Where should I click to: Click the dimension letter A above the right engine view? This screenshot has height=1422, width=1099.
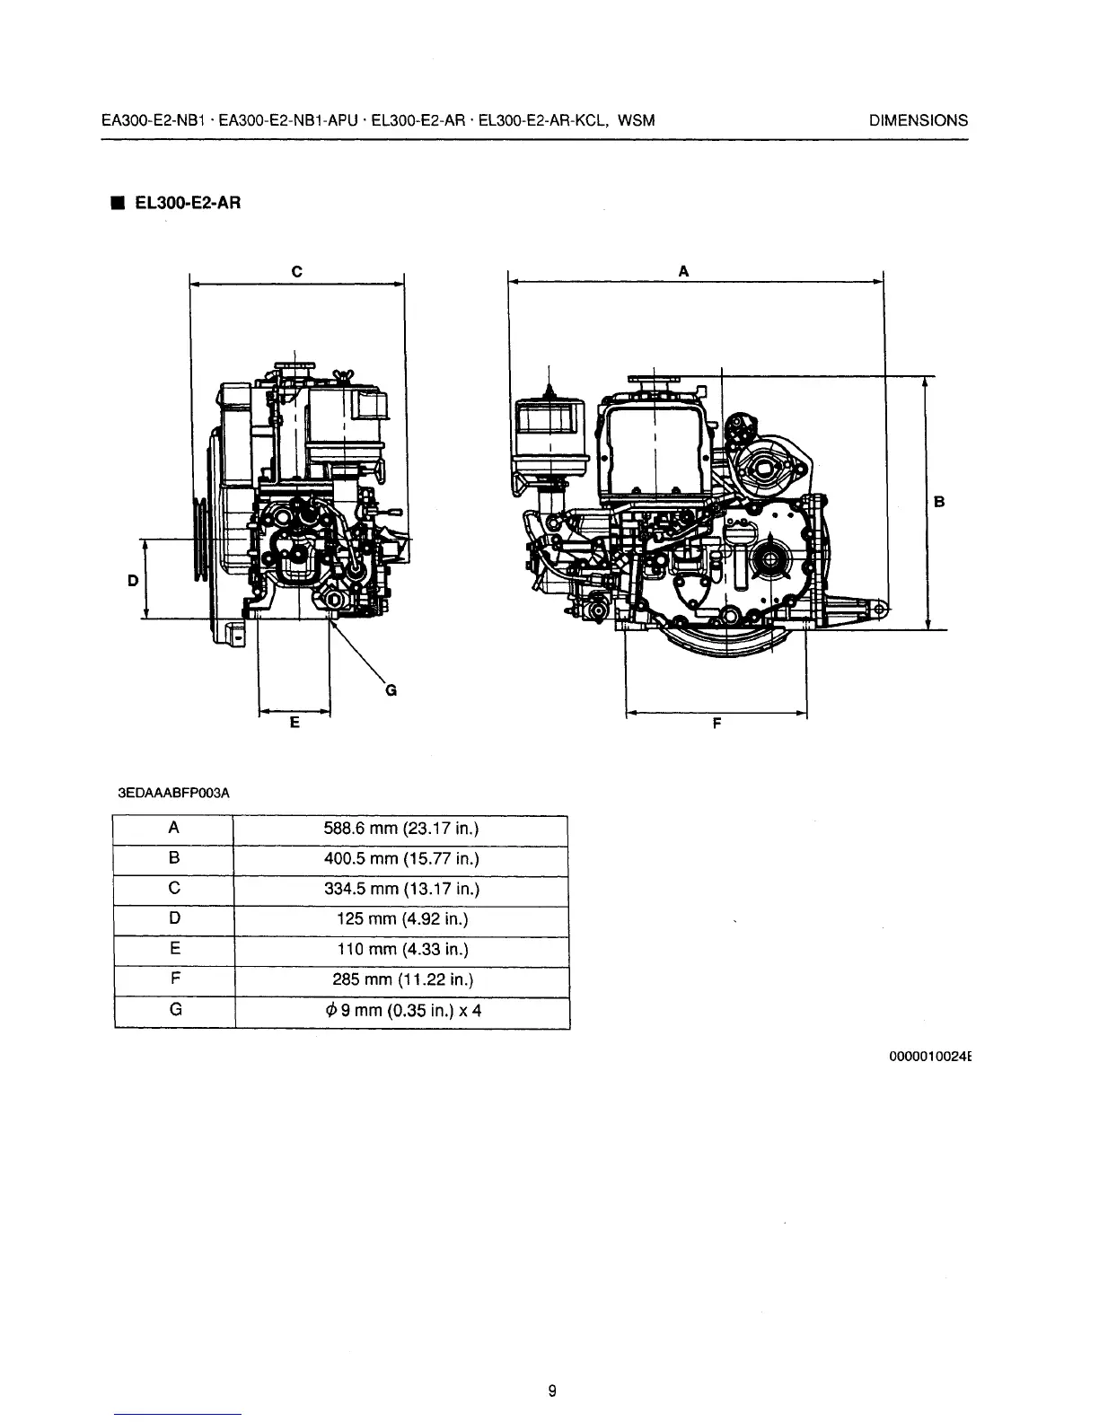(x=683, y=270)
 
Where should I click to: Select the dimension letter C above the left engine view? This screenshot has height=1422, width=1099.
(x=296, y=270)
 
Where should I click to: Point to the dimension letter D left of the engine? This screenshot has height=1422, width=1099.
(x=132, y=580)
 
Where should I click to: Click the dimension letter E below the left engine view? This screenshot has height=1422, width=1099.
(x=295, y=722)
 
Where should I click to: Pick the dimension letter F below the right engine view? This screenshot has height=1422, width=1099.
(x=717, y=723)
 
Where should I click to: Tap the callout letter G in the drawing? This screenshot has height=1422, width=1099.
(x=390, y=690)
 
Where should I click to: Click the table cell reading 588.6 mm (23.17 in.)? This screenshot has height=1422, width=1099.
(x=400, y=829)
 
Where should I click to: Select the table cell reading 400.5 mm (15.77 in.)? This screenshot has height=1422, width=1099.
(x=400, y=859)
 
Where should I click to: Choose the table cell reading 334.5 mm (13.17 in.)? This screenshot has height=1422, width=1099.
(x=400, y=890)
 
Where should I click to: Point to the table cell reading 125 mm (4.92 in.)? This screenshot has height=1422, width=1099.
(x=400, y=919)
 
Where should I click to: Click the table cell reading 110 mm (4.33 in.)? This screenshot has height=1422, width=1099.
(x=400, y=950)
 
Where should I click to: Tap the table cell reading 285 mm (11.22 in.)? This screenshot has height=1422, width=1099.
(x=400, y=979)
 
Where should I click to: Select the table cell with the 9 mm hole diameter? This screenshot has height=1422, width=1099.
(x=400, y=1011)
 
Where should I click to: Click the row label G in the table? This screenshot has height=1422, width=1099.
(x=175, y=1010)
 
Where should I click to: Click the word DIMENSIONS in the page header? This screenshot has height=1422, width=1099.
(x=919, y=120)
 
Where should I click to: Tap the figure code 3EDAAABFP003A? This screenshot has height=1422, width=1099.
(x=174, y=794)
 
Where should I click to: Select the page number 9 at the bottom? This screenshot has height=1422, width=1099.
(x=552, y=1391)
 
